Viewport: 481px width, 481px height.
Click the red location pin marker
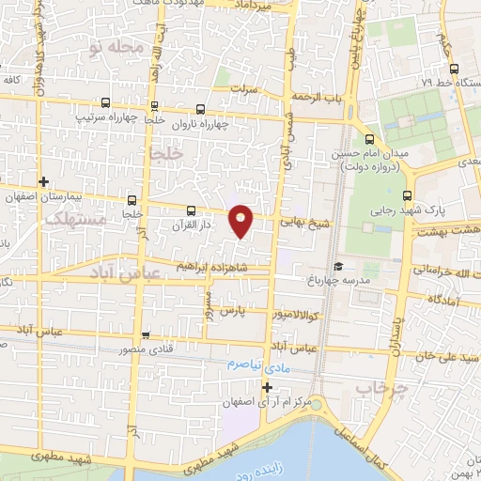tap(241, 220)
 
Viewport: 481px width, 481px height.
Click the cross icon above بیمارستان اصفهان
tap(43, 180)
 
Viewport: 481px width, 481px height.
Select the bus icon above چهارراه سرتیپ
tap(104, 102)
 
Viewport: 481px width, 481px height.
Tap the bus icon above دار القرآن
tap(192, 210)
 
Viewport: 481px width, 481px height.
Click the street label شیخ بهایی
tap(305, 223)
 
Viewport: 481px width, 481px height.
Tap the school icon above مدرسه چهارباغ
tap(337, 265)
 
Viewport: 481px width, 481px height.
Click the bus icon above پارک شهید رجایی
tap(407, 195)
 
